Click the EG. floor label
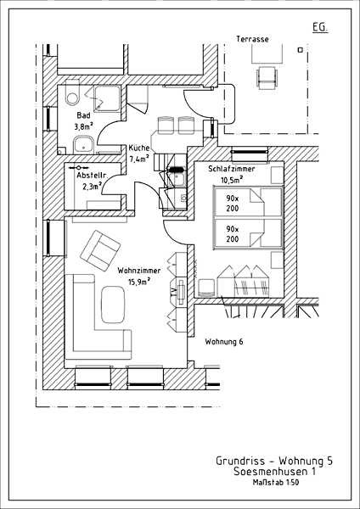tap(320, 28)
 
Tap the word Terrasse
tap(252, 39)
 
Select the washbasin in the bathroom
tap(84, 145)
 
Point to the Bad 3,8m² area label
tap(83, 120)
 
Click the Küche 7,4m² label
tap(139, 153)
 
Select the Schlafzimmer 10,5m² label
tap(232, 174)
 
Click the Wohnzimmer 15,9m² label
tap(139, 276)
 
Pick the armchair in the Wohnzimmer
tap(100, 250)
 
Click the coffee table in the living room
tap(113, 305)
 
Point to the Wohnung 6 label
tap(224, 342)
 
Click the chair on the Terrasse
tap(267, 77)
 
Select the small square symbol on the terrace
tap(301, 50)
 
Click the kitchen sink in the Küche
tap(177, 178)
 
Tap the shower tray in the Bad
tap(107, 98)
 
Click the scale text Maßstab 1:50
tap(276, 483)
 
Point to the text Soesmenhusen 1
tap(274, 472)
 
